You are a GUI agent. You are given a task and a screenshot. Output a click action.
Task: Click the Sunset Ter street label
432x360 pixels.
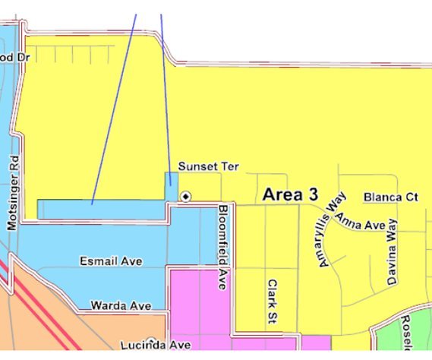pyautogui.click(x=202, y=166)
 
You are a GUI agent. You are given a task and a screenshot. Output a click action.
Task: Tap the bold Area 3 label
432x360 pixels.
pyautogui.click(x=289, y=195)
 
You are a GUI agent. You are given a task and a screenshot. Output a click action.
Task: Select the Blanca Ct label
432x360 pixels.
pyautogui.click(x=391, y=197)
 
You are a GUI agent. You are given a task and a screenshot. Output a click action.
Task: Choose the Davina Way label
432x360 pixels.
pyautogui.click(x=392, y=251)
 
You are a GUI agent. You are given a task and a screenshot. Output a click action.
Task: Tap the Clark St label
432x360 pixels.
pyautogui.click(x=271, y=302)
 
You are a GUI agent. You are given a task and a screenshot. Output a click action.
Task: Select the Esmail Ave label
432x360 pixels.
pyautogui.click(x=111, y=261)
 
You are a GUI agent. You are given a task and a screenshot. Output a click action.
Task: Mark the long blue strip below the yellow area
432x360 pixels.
pyautogui.click(x=99, y=209)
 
